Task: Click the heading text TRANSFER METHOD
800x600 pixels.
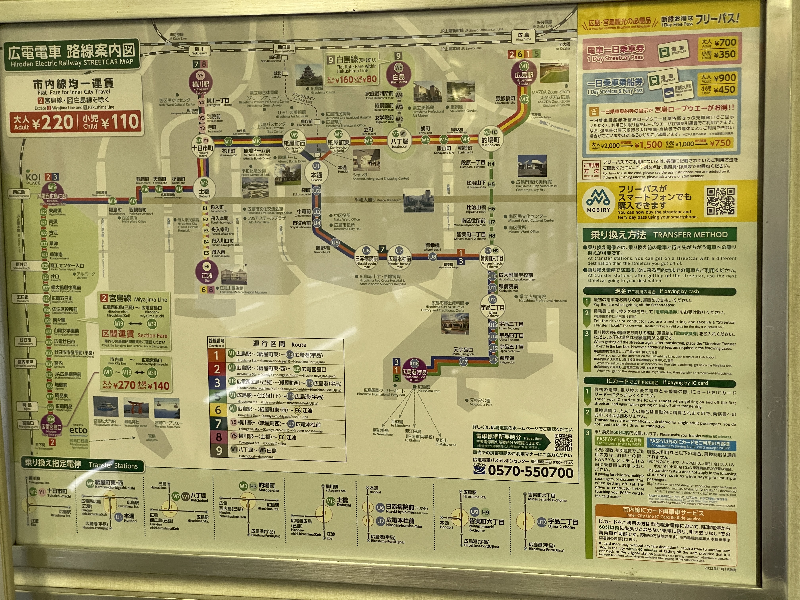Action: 690,235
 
